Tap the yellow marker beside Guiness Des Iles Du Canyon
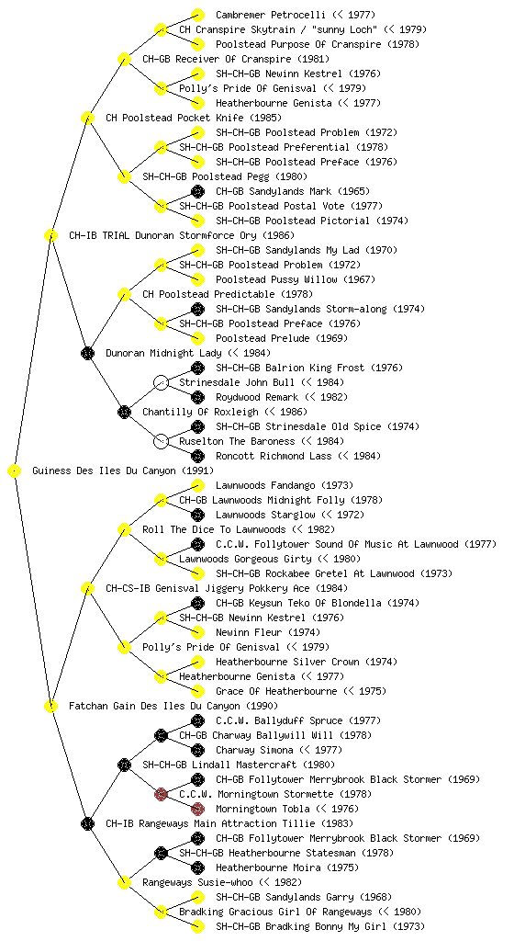click(15, 470)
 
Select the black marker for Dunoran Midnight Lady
click(87, 353)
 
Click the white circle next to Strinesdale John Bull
click(161, 382)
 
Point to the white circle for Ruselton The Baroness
click(161, 441)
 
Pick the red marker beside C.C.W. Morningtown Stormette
click(161, 794)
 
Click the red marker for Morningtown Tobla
click(197, 809)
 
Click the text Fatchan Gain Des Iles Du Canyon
click(154, 706)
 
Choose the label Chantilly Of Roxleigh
click(201, 412)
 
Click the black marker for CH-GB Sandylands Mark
click(197, 191)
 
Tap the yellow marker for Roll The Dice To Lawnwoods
click(124, 529)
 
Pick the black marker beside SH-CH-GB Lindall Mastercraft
click(124, 765)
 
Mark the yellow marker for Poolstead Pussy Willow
click(197, 279)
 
